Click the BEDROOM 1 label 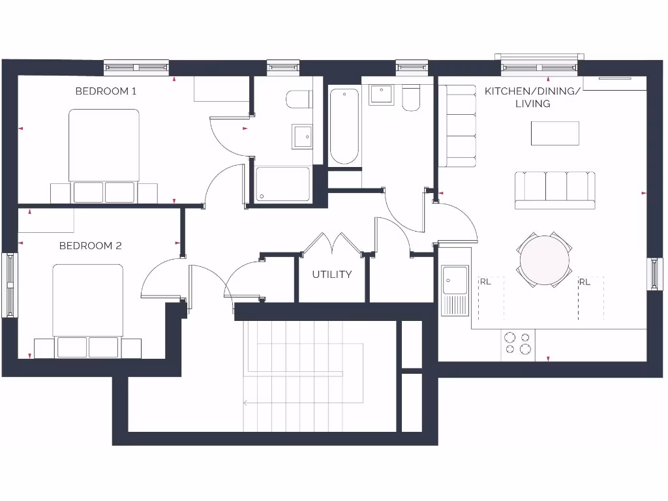[106, 91]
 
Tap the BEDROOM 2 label [90, 246]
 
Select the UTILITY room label [331, 275]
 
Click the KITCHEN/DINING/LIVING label [532, 97]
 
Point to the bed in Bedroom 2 [88, 303]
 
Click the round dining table [545, 260]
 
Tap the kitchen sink [455, 281]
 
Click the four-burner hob [517, 344]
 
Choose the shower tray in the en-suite [283, 183]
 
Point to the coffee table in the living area [555, 133]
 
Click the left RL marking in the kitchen [485, 282]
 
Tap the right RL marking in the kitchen [584, 282]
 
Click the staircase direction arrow [246, 402]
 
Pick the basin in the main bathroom [381, 95]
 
